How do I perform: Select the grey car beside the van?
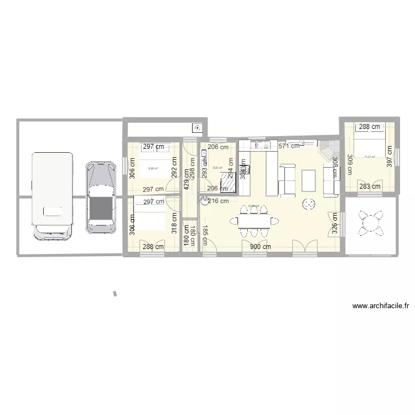click(x=100, y=196)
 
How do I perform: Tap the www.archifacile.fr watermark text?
click(x=381, y=305)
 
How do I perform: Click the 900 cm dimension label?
click(x=260, y=247)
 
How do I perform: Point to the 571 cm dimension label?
click(x=288, y=146)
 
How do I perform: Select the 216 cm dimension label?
click(x=216, y=201)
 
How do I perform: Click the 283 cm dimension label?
click(x=369, y=186)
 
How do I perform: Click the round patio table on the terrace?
click(x=369, y=222)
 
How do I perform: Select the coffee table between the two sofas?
click(x=309, y=180)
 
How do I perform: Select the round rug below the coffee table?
click(x=308, y=205)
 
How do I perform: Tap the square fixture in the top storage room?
click(x=197, y=128)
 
